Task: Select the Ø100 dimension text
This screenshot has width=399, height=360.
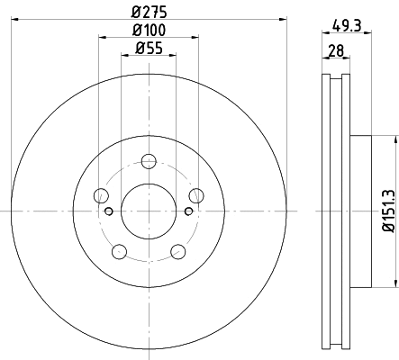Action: tap(149, 31)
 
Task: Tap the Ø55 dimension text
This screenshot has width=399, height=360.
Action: tap(149, 49)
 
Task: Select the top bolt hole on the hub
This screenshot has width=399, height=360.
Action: tap(149, 162)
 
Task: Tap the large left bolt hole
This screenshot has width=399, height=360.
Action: tap(102, 196)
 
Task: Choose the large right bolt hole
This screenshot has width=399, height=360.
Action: tap(195, 196)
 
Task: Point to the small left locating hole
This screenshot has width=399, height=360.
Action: tap(110, 211)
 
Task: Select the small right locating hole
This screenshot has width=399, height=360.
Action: tap(187, 211)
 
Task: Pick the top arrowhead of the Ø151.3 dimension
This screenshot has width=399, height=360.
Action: tap(394, 139)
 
